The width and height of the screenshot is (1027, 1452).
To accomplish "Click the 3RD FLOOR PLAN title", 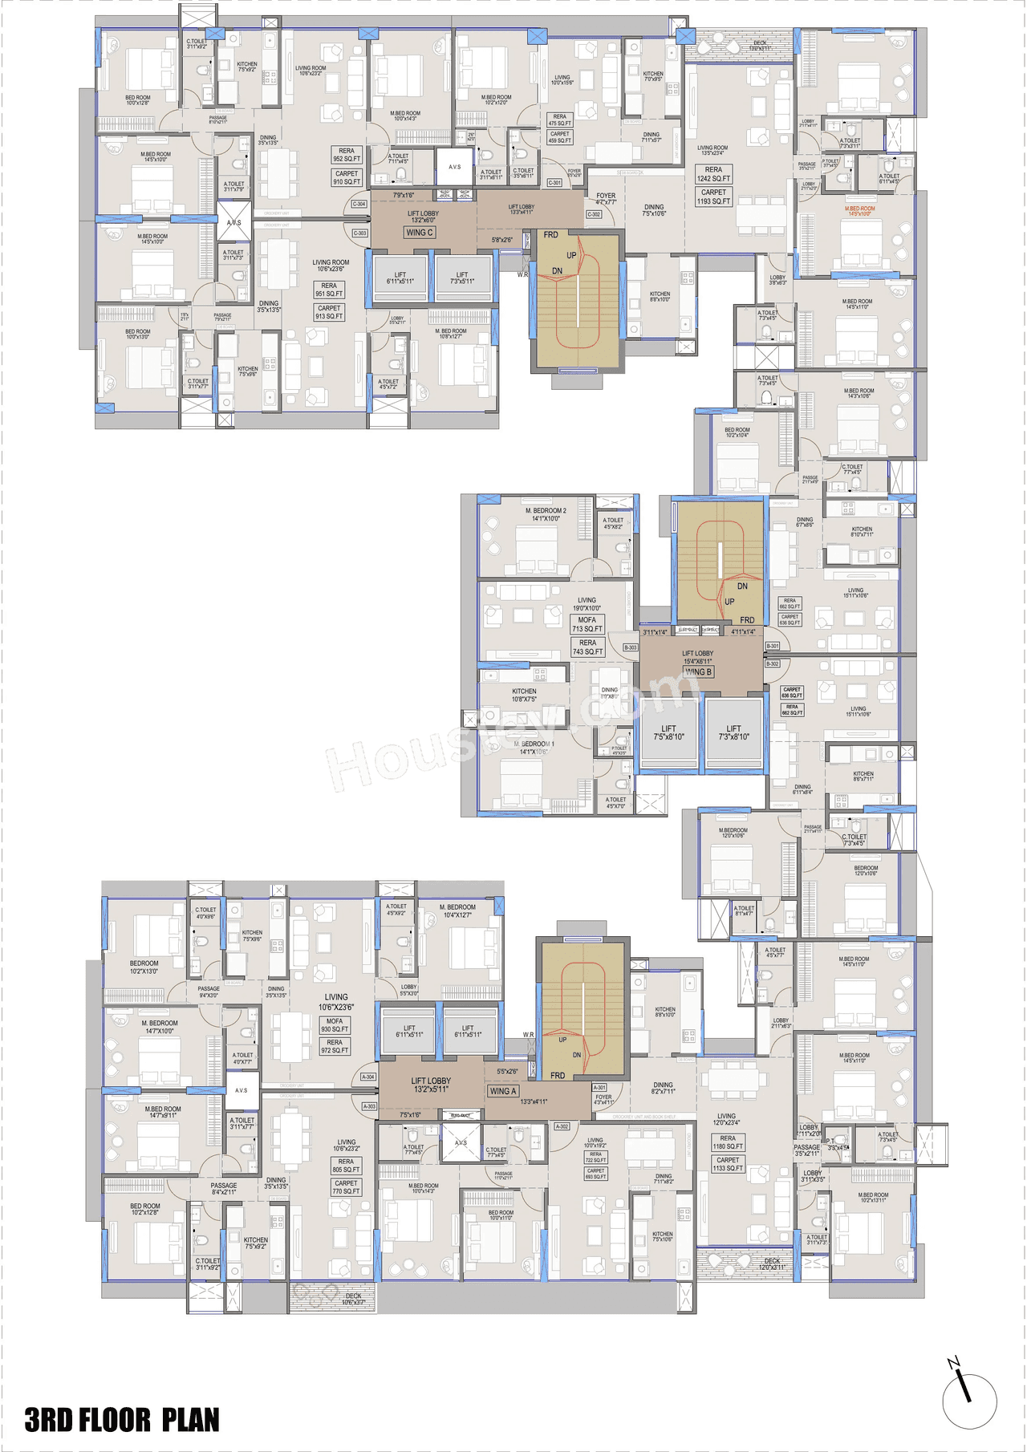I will pyautogui.click(x=122, y=1419).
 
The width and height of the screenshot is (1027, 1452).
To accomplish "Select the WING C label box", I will pyautogui.click(x=419, y=233).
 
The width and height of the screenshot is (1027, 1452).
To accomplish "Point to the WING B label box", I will pyautogui.click(x=698, y=672).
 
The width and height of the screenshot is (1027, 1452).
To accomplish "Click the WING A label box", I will pyautogui.click(x=503, y=1091).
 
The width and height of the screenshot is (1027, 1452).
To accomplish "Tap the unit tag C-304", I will pyautogui.click(x=359, y=204).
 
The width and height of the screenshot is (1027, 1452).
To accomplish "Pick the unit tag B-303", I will pyautogui.click(x=631, y=647).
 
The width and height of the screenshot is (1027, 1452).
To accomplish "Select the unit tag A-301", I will pyautogui.click(x=599, y=1088).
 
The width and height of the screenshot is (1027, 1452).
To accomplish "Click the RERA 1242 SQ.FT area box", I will pyautogui.click(x=713, y=174).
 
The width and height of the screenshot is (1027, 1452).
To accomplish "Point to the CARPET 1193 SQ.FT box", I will pyautogui.click(x=713, y=197).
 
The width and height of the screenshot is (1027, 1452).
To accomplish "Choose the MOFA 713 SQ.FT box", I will pyautogui.click(x=587, y=624).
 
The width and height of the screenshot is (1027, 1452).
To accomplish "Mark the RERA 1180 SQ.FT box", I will pyautogui.click(x=728, y=1142).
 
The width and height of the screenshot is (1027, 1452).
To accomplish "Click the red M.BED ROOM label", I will pyautogui.click(x=859, y=211).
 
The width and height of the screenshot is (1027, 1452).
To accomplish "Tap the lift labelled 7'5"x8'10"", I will pyautogui.click(x=668, y=732).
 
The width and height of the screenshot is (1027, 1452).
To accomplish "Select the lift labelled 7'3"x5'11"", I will pyautogui.click(x=462, y=278).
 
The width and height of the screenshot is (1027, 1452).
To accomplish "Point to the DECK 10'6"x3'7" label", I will pyautogui.click(x=353, y=1299).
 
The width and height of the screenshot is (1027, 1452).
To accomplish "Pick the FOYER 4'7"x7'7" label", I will pyautogui.click(x=606, y=198).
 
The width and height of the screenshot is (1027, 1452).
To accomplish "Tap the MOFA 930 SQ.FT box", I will pyautogui.click(x=335, y=1025).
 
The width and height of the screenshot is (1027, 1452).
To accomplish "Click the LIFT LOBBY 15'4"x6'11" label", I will pyautogui.click(x=697, y=657).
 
